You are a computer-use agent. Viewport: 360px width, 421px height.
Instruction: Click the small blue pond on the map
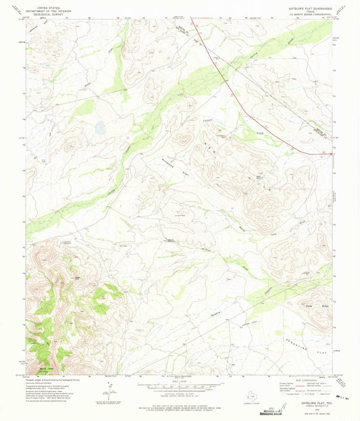100,127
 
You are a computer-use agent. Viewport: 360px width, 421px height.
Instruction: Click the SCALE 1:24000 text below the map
179,383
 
